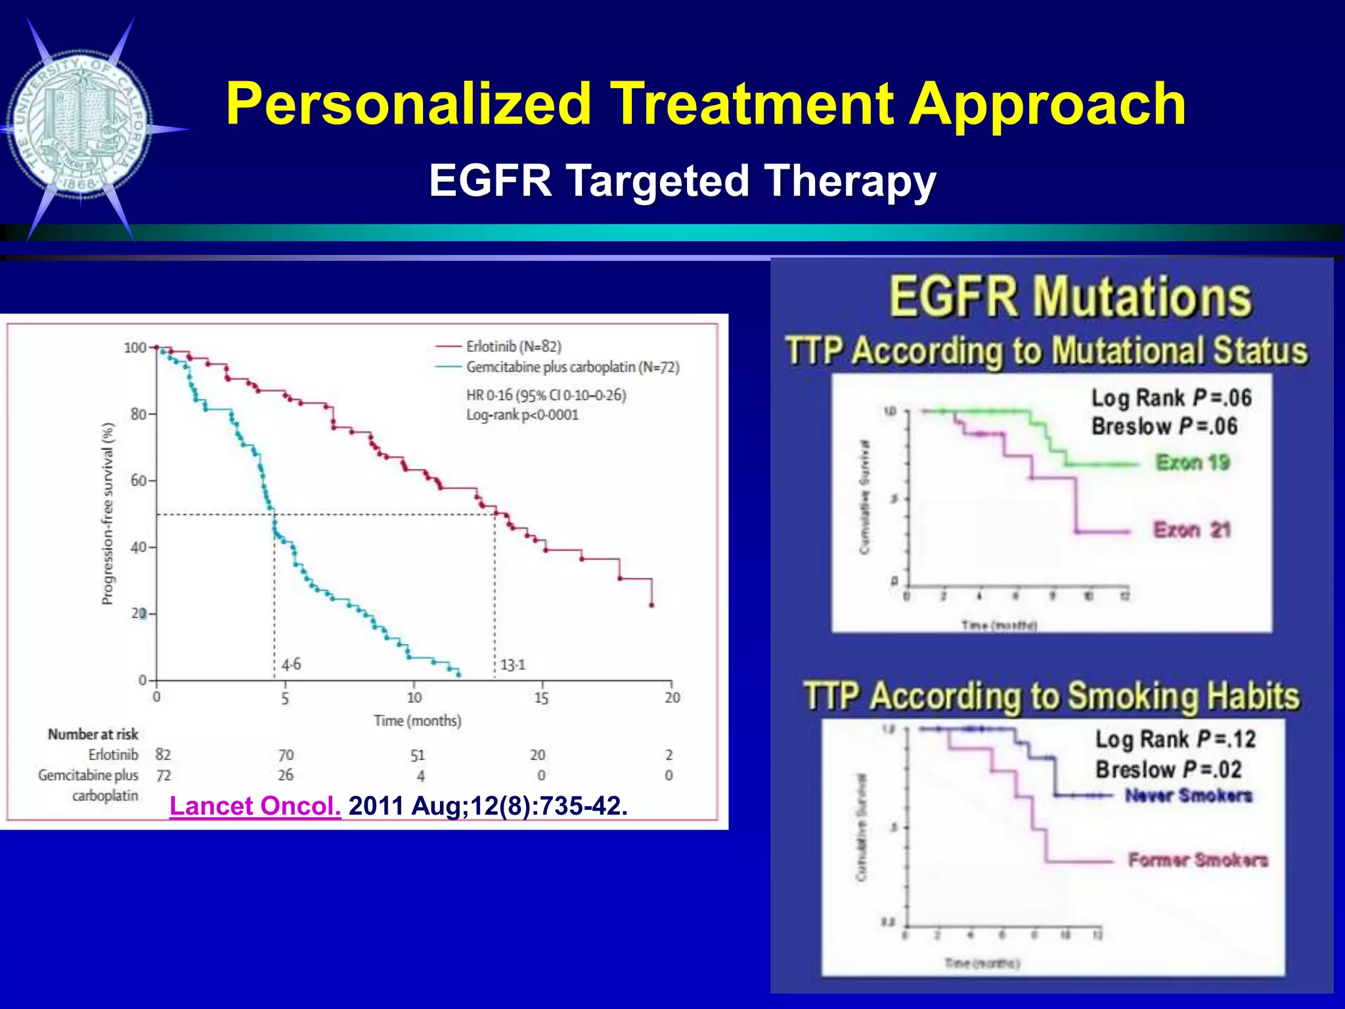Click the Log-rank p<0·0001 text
pyautogui.click(x=522, y=415)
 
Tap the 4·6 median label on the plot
pyautogui.click(x=291, y=665)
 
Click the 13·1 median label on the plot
pyautogui.click(x=513, y=665)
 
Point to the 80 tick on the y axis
pyautogui.click(x=138, y=414)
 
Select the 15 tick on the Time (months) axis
pyautogui.click(x=540, y=698)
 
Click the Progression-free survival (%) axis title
pyautogui.click(x=108, y=513)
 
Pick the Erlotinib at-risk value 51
pyautogui.click(x=418, y=755)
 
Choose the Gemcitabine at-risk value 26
pyautogui.click(x=286, y=775)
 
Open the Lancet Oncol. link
pyautogui.click(x=255, y=806)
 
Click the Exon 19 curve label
pyautogui.click(x=1193, y=462)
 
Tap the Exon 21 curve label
pyautogui.click(x=1192, y=529)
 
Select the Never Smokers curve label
pyautogui.click(x=1188, y=796)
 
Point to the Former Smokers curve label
pyautogui.click(x=1198, y=860)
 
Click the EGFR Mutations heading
pyautogui.click(x=1070, y=297)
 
